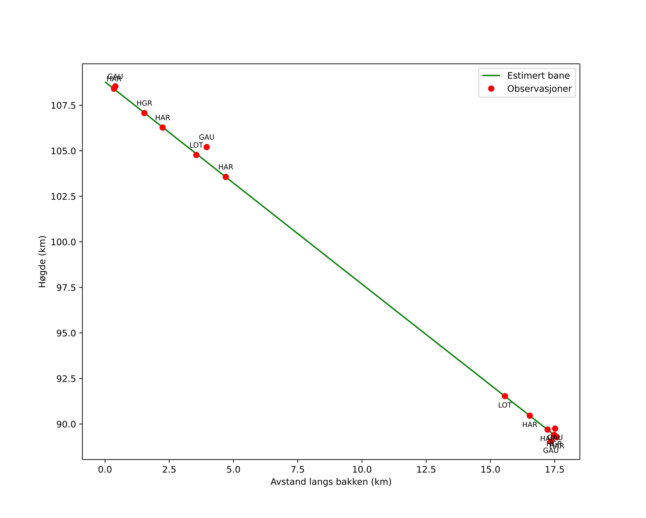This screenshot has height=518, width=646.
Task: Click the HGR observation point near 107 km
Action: pos(144,113)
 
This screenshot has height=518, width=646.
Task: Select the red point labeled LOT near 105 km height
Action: pos(196,155)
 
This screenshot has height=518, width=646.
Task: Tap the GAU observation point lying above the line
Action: pos(206,147)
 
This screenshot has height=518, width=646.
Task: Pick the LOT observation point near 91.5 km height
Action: pos(505,396)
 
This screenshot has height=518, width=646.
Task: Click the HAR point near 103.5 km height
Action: pos(226,177)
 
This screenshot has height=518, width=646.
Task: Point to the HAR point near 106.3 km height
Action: pos(162,127)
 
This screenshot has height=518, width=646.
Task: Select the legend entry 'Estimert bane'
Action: pos(538,76)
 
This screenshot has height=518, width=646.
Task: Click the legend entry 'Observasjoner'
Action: pos(539,89)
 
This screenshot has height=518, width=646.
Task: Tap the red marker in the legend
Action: pos(491,89)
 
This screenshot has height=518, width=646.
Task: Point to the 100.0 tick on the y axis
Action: pos(63,242)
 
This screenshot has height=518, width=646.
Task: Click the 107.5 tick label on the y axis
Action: pos(63,106)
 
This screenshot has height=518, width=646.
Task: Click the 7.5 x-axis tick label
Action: pos(297,469)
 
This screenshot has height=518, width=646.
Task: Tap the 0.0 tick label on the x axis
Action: pos(105,469)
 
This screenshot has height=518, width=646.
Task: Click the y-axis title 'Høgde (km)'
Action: pos(42,261)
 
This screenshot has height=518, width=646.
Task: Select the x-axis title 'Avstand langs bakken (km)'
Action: pos(331,482)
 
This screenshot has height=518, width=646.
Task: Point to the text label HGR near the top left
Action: pos(144,103)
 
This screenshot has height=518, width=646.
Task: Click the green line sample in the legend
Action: pos(491,76)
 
